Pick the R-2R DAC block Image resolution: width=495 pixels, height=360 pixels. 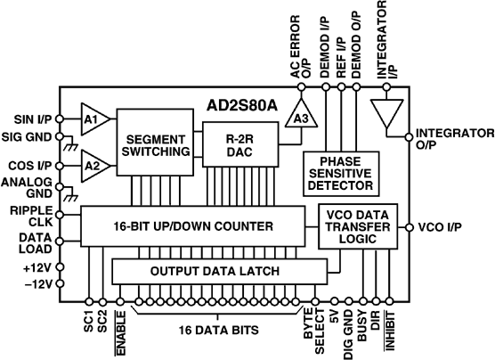(x=235, y=144)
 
